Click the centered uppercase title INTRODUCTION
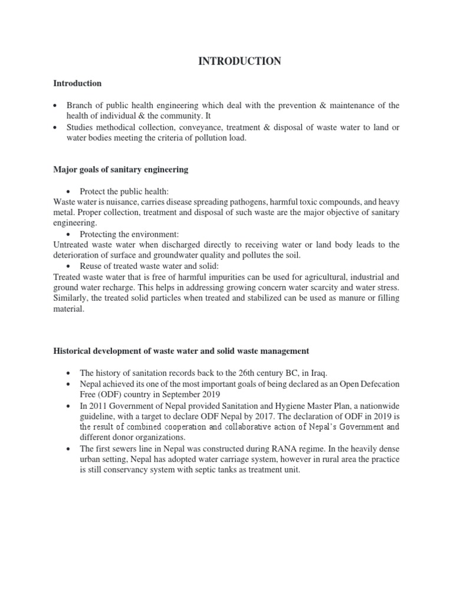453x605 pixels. click(x=239, y=61)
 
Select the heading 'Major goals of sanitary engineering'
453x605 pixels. click(x=120, y=170)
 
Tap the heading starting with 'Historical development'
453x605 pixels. click(x=180, y=351)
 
